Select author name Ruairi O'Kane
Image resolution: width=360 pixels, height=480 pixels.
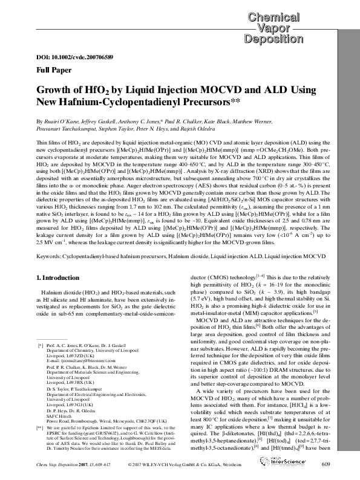(x=52, y=120)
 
